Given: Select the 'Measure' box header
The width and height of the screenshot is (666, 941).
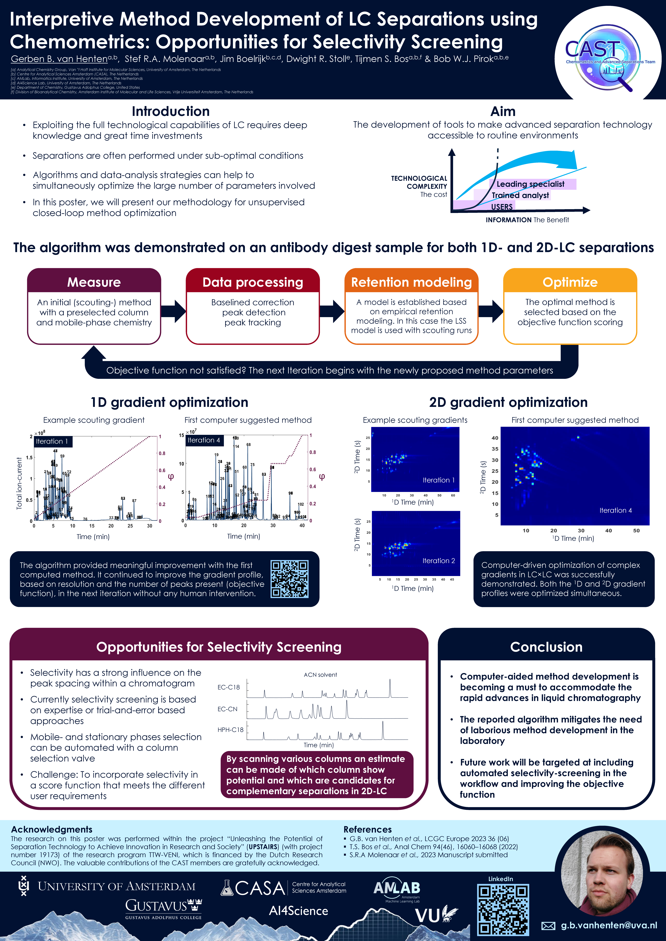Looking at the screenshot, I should pyautogui.click(x=94, y=282).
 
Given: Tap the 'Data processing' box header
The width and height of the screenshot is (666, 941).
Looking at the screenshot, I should pyautogui.click(x=253, y=282).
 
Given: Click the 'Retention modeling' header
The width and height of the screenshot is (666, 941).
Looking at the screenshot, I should pyautogui.click(x=411, y=282).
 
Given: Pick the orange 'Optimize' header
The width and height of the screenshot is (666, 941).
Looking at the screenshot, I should pyautogui.click(x=570, y=282).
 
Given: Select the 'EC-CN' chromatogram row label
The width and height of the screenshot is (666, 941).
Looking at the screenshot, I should pyautogui.click(x=228, y=709).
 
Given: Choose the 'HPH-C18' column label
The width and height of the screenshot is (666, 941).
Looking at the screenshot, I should pyautogui.click(x=231, y=730).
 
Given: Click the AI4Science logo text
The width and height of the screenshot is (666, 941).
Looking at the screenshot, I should pyautogui.click(x=299, y=911).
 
